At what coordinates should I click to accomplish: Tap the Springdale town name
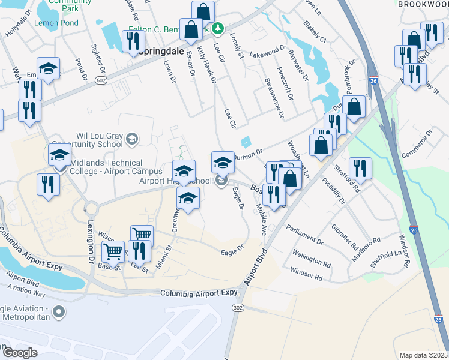tap(158, 52)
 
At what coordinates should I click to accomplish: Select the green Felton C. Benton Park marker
tap(219, 28)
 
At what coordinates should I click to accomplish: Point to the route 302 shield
tap(237, 307)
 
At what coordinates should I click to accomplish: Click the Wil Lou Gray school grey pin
tap(131, 140)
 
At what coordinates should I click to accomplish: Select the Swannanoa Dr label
tap(273, 97)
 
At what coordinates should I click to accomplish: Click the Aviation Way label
tap(30, 293)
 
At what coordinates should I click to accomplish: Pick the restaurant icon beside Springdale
tap(132, 41)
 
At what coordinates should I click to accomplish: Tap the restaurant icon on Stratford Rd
tap(360, 168)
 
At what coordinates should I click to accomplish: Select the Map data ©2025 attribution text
tap(424, 355)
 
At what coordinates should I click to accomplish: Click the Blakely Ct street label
tap(315, 32)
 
